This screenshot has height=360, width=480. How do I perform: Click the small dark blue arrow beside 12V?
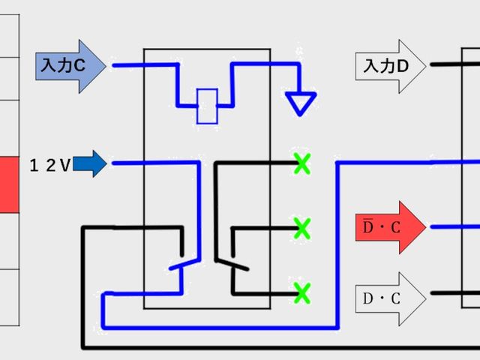coord(91,163)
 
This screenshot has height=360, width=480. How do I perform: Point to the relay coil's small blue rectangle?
coord(207,106)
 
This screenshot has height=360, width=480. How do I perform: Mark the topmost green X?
coord(302,162)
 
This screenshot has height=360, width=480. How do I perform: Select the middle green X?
coord(302,226)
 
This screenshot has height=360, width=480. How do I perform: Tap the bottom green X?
coord(302,291)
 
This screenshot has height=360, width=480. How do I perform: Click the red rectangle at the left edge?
coord(9,184)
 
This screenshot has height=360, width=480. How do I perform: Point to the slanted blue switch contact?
coord(184,263)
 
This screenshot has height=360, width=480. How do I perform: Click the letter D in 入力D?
coord(402,66)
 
